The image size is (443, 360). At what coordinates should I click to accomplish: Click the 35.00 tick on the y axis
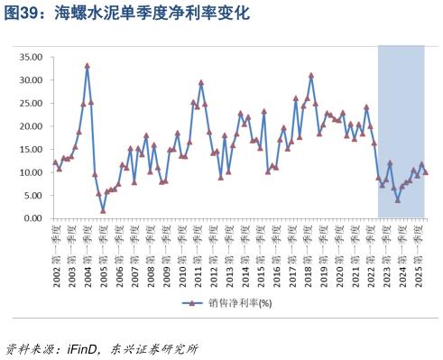pyautogui.click(x=31, y=57)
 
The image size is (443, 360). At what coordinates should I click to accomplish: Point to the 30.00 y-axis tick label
pyautogui.click(x=31, y=80)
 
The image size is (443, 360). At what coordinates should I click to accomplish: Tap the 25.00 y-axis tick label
pyautogui.click(x=31, y=103)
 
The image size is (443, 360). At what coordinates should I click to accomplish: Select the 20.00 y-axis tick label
pyautogui.click(x=31, y=126)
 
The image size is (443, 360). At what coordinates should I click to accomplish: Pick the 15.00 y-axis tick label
pyautogui.click(x=31, y=150)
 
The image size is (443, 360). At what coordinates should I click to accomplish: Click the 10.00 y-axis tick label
pyautogui.click(x=31, y=172)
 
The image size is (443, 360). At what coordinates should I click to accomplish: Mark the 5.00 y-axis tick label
pyautogui.click(x=32, y=196)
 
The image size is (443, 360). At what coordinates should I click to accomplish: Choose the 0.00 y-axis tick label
pyautogui.click(x=32, y=218)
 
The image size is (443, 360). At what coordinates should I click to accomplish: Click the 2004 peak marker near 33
pyautogui.click(x=87, y=66)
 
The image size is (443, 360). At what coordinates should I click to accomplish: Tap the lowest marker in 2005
pyautogui.click(x=103, y=211)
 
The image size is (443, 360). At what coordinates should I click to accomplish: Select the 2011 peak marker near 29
pyautogui.click(x=200, y=83)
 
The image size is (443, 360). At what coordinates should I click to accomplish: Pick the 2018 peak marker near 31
pyautogui.click(x=311, y=76)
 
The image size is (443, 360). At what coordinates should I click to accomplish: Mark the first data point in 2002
pyautogui.click(x=55, y=162)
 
